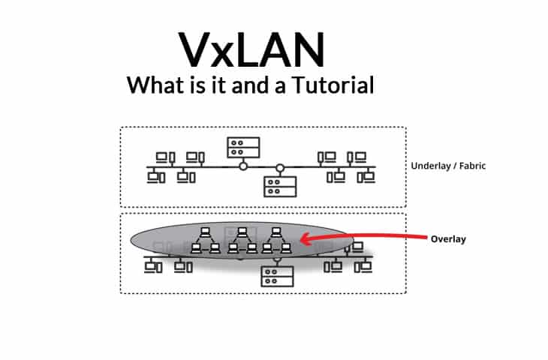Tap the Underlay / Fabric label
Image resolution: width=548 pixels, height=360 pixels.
point(448,166)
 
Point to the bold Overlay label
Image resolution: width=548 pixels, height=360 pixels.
point(448,239)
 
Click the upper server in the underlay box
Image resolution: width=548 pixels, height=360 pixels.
point(243,146)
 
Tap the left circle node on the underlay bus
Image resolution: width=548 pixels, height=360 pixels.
point(242,166)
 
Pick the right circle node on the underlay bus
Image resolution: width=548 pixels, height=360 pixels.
point(280,166)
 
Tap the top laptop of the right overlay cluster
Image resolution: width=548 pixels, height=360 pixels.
point(276,232)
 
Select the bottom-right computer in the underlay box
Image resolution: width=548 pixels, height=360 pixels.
point(366,177)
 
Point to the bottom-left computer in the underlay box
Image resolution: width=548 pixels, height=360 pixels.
point(155,177)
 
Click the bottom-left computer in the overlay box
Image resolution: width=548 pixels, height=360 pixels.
point(153,265)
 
